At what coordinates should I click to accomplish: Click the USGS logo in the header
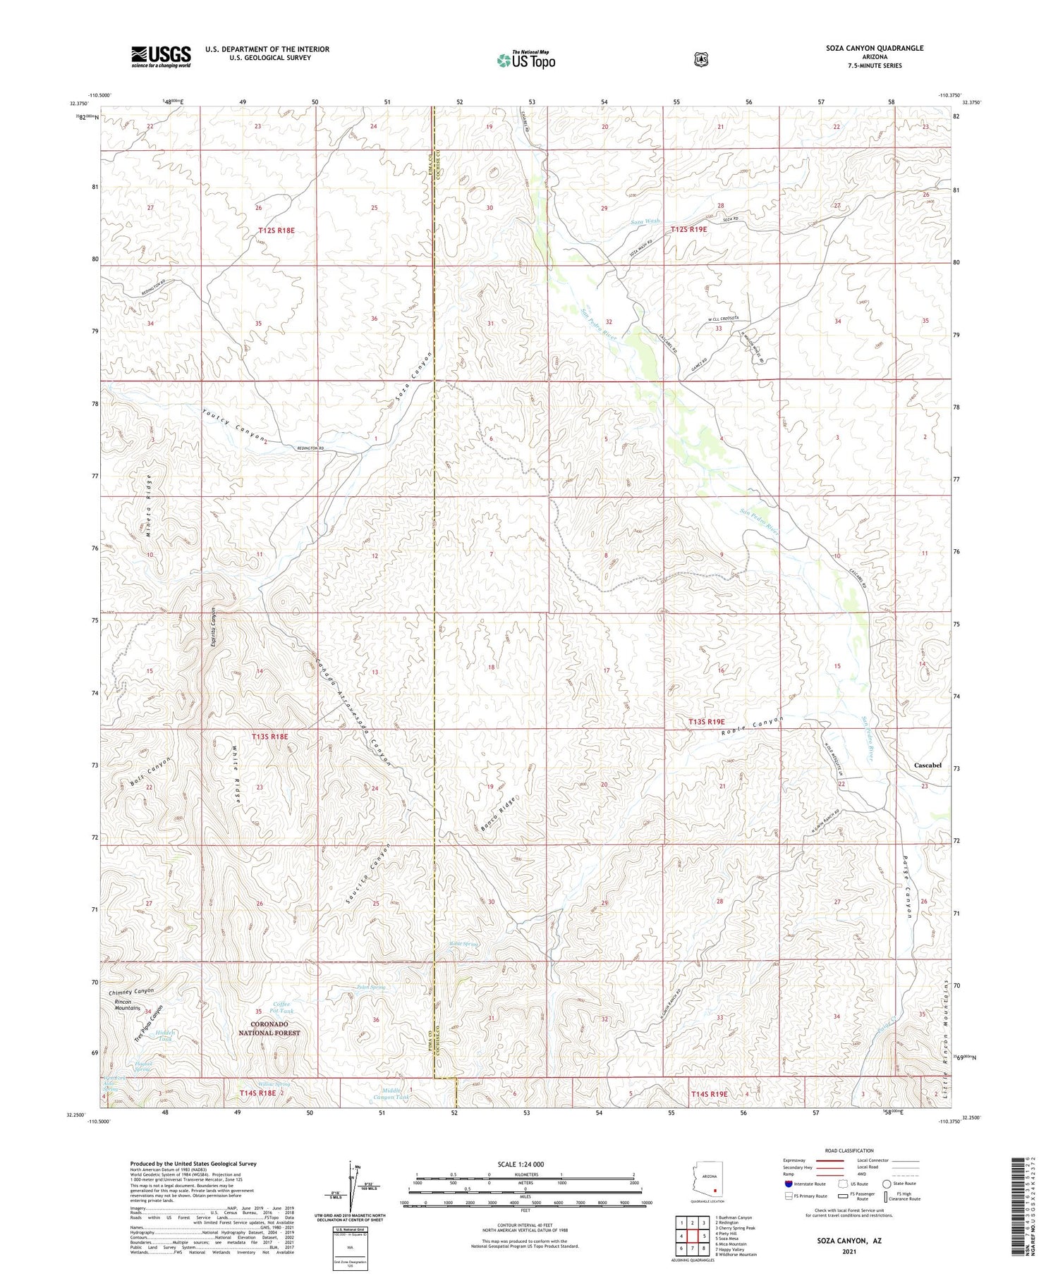pyautogui.click(x=161, y=56)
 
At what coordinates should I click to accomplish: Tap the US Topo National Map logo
pyautogui.click(x=526, y=60)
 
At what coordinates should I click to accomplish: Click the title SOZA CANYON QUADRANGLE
pyautogui.click(x=875, y=48)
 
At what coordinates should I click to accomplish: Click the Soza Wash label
pyautogui.click(x=645, y=221)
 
